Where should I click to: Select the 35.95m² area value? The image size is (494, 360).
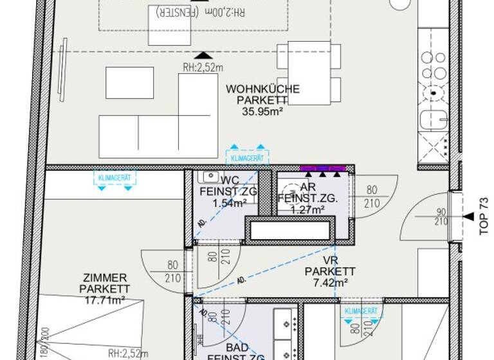coord(262,111)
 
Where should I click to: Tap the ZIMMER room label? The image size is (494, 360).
coord(105,278)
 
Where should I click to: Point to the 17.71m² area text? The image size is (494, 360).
coord(102,299)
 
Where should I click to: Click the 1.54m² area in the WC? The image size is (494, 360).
coord(230,204)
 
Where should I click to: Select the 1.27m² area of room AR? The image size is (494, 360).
coord(308,208)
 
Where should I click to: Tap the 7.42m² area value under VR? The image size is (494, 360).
coord(326,282)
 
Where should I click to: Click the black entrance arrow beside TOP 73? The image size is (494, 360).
coord(466,217)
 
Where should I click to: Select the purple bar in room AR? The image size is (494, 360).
coord(323,168)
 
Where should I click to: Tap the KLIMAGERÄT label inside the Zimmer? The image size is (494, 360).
coord(113,175)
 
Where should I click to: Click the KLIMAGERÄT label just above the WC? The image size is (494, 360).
coord(247,156)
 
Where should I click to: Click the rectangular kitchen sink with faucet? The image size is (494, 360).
coord(433,120)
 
